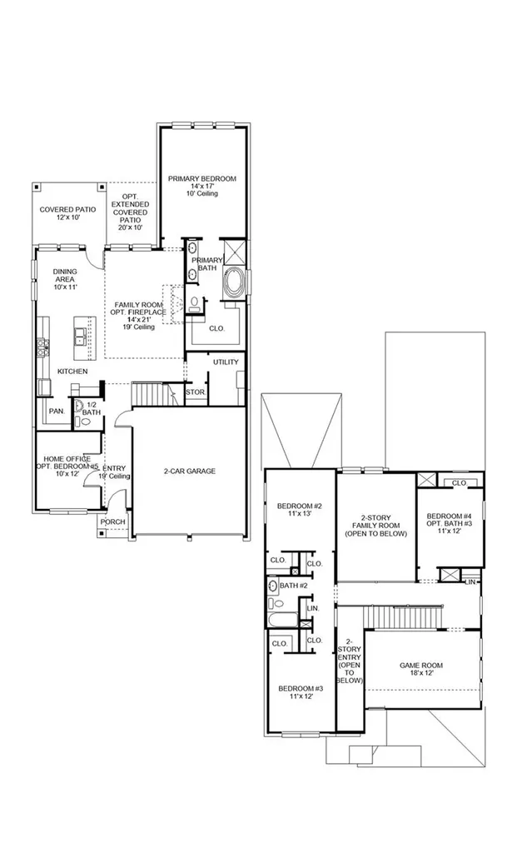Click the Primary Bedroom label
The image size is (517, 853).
[x=201, y=178]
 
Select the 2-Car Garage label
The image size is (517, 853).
[x=190, y=471]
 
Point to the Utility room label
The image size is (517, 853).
[x=226, y=362]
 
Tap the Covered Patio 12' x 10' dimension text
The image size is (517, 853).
[x=68, y=217]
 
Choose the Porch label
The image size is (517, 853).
[x=113, y=521]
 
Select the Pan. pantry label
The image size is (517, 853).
[x=57, y=412]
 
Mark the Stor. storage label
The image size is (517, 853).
[x=195, y=392]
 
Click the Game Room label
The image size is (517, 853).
[x=421, y=665]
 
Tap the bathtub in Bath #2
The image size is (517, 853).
[x=283, y=620]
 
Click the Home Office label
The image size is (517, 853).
[x=64, y=459]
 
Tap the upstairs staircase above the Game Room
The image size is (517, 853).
[x=404, y=616]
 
